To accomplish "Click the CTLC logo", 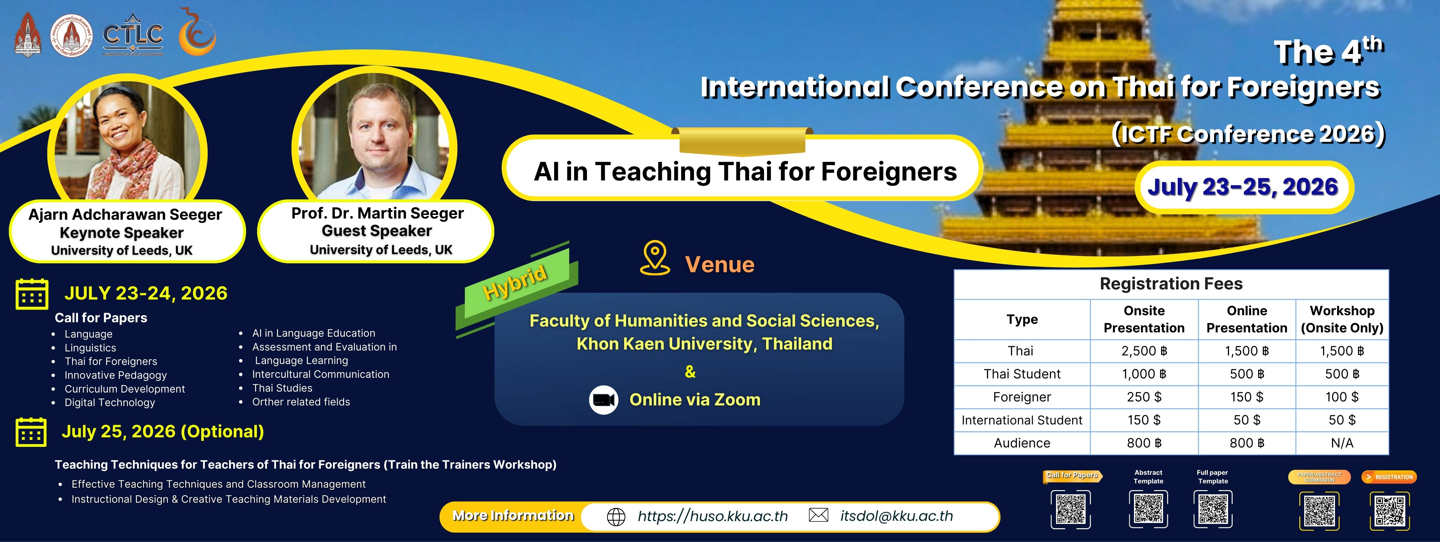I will (133, 35).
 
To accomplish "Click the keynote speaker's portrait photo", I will (127, 142).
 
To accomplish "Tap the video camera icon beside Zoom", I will (604, 400).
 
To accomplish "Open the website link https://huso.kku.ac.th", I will (712, 516).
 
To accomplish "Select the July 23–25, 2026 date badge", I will (1243, 187).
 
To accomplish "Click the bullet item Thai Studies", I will (282, 388).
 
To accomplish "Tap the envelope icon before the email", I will (818, 515).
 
